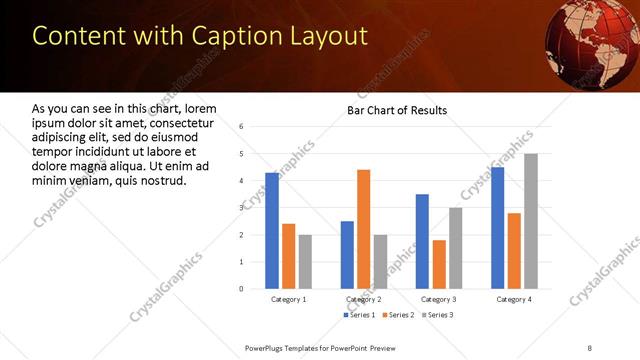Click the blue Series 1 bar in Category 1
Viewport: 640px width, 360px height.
(x=272, y=231)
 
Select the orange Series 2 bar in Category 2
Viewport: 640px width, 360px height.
(x=363, y=229)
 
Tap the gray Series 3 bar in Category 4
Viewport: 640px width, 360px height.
(x=531, y=221)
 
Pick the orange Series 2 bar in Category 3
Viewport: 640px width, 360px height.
(x=439, y=264)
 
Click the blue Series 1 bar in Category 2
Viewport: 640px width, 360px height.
(x=347, y=255)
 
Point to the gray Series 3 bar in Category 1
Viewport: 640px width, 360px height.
(x=305, y=261)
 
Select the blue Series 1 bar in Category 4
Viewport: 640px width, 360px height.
(x=498, y=228)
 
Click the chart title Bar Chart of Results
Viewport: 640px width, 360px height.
(x=397, y=110)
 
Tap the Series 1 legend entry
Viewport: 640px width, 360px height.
(x=360, y=315)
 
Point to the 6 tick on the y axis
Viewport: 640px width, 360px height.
(x=241, y=127)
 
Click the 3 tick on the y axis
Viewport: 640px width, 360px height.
(x=241, y=208)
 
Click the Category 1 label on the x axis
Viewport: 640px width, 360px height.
(x=289, y=299)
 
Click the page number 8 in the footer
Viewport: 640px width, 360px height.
(x=590, y=346)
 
